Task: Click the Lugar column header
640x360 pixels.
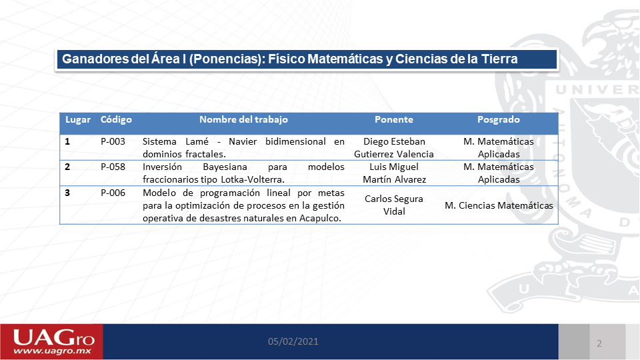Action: (78, 119)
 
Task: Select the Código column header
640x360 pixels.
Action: (116, 119)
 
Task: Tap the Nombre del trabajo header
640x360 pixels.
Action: (243, 119)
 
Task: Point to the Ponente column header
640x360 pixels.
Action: (394, 119)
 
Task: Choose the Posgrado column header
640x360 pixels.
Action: (499, 119)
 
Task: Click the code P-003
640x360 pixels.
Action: (113, 141)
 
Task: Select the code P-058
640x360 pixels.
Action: (113, 167)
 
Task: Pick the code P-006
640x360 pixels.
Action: (113, 193)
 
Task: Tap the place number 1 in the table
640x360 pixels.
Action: (67, 141)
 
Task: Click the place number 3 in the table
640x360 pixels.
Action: (67, 193)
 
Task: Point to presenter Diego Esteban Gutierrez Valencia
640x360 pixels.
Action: (394, 148)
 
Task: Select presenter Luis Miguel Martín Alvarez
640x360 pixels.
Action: (394, 173)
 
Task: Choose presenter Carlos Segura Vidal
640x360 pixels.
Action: (394, 205)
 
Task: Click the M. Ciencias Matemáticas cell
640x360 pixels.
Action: (499, 205)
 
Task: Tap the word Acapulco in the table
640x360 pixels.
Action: (321, 219)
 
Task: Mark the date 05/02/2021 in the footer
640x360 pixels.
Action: (293, 341)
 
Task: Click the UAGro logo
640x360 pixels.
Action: (52, 342)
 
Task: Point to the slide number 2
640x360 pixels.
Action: (599, 343)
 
